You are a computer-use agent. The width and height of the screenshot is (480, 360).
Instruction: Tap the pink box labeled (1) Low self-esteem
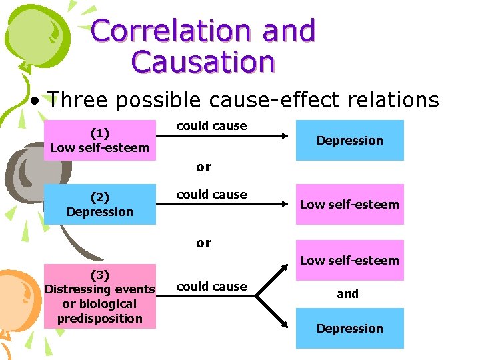click(x=99, y=141)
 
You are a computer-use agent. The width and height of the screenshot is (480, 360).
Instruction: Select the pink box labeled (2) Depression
click(x=99, y=204)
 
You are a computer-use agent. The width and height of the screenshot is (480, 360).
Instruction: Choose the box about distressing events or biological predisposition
click(x=99, y=296)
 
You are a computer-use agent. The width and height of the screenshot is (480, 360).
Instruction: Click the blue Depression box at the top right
click(x=349, y=140)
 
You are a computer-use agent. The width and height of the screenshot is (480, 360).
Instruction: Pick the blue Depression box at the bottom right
click(x=349, y=328)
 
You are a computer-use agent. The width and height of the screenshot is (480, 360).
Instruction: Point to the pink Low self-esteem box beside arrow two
click(x=349, y=204)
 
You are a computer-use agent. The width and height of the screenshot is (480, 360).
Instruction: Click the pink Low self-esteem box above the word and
click(x=349, y=260)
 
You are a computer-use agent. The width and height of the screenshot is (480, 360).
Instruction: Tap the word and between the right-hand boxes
click(x=347, y=293)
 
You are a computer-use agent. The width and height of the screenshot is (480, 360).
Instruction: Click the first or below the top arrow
click(x=203, y=167)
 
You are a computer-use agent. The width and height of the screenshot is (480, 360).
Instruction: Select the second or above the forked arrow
click(x=203, y=243)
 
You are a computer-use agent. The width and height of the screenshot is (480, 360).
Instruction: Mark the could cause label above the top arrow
click(x=211, y=126)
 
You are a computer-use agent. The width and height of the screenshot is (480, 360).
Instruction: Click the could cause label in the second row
click(x=211, y=195)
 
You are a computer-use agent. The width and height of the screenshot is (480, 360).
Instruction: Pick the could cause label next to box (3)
click(x=211, y=286)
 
